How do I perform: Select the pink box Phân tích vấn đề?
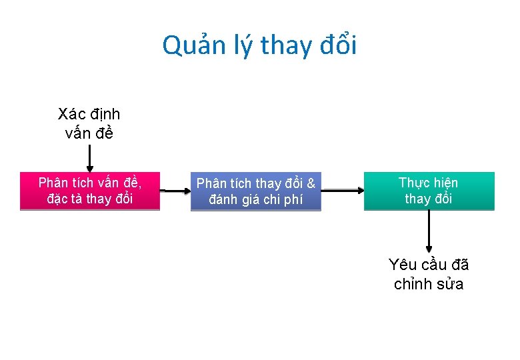(90, 191)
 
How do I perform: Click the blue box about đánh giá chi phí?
(256, 192)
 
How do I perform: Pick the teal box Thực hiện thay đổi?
(429, 191)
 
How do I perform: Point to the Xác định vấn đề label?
(89, 123)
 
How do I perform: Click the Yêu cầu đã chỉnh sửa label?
(429, 274)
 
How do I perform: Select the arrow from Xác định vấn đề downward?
(90, 159)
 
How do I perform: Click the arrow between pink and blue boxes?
(175, 191)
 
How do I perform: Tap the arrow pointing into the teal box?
(342, 191)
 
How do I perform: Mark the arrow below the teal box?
(429, 232)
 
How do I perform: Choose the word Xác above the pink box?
(71, 115)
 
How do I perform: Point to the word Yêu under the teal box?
(402, 265)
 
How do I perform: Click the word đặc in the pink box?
(57, 199)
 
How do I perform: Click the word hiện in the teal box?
(443, 183)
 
